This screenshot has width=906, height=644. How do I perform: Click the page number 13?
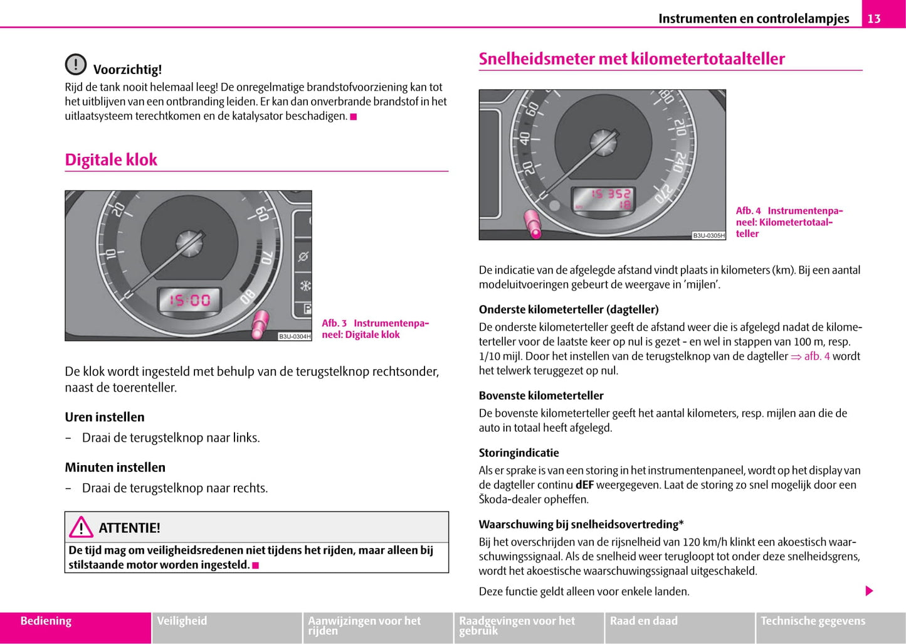874,19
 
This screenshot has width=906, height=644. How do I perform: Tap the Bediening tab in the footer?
46,621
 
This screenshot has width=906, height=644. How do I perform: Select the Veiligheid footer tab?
182,621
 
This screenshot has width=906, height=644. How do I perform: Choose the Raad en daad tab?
644,621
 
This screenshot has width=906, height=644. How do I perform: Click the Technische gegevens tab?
813,621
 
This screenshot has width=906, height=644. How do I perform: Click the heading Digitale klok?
111,159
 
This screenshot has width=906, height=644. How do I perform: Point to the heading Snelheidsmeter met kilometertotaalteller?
631,59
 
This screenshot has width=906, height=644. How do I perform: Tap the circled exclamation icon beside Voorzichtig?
76,64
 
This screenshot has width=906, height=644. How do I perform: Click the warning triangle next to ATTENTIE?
81,527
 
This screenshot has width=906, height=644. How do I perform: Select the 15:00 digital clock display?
189,300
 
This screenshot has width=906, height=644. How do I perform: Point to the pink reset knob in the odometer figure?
533,224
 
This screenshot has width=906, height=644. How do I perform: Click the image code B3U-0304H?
294,336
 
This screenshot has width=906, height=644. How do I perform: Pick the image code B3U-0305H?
708,235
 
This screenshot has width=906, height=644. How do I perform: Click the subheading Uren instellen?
105,417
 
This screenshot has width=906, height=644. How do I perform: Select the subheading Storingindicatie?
519,453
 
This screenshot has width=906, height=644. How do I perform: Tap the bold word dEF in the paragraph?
584,485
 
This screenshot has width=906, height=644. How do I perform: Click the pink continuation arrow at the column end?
869,591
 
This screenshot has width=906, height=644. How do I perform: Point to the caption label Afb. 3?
334,323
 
